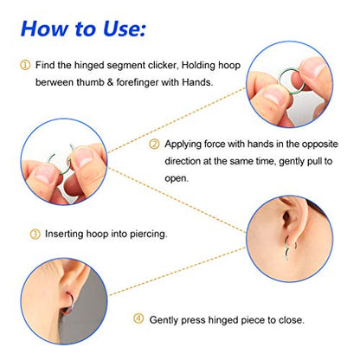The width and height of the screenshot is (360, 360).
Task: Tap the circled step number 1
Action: tap(25, 65)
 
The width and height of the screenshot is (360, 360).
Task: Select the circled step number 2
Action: tap(154, 144)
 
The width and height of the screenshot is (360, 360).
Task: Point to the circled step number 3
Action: tap(35, 234)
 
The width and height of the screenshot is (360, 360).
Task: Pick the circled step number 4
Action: tap(138, 319)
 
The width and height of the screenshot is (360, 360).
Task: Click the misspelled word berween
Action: tap(55, 82)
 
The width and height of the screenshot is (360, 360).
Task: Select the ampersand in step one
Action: tap(110, 82)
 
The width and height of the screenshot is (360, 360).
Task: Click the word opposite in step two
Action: tap(319, 145)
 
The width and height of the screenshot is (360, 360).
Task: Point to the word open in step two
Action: tap(176, 178)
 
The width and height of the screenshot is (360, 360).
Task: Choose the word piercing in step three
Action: tap(148, 234)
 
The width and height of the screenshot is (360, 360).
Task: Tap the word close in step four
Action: tap(291, 320)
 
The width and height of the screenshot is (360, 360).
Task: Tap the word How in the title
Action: tap(44, 29)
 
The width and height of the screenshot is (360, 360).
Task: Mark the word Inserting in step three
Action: tap(64, 234)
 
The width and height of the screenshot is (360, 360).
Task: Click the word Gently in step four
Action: tap(164, 320)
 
